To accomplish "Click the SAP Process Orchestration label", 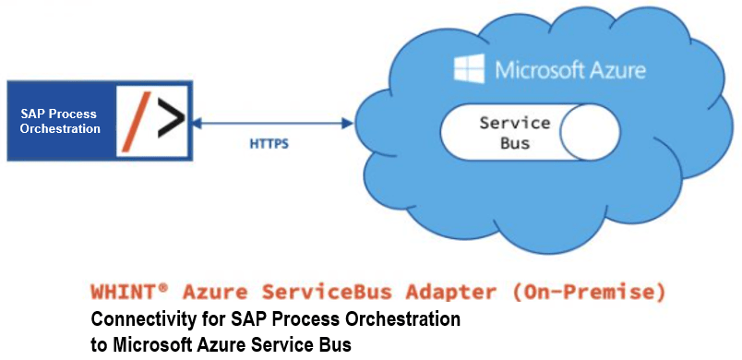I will (60, 121).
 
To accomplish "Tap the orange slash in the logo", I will (135, 121).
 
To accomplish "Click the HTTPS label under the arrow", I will (268, 144).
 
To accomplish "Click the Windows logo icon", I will (471, 69).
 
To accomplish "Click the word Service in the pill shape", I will (514, 123).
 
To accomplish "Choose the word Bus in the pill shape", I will (514, 143).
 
